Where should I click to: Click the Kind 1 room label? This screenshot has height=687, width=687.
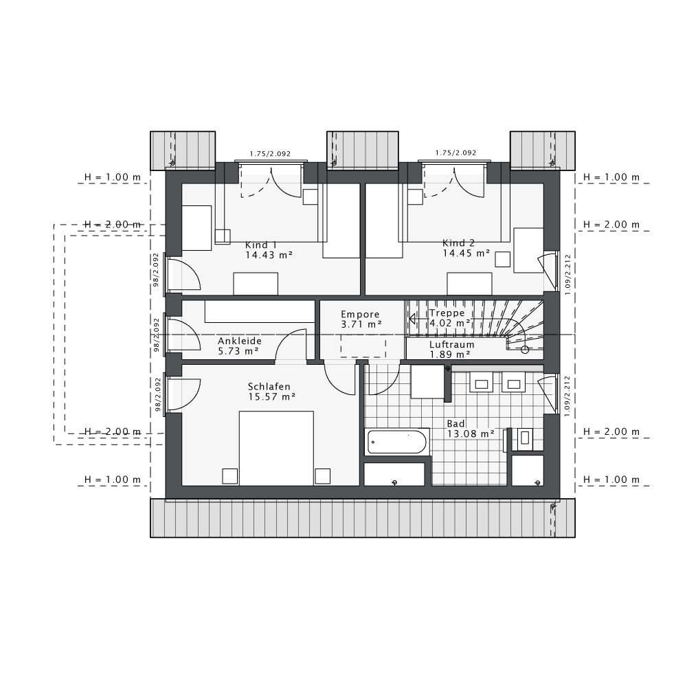coord(261,245)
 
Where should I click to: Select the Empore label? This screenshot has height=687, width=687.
coord(360,314)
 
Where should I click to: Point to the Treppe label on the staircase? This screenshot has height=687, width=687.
coord(447,313)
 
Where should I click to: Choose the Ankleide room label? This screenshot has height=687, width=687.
coord(240,341)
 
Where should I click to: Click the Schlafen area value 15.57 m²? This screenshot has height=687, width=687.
coord(271,396)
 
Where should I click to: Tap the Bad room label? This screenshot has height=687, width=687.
coord(455,424)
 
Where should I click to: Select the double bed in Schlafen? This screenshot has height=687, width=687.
coord(275,448)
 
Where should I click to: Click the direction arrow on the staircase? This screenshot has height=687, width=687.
coord(413,318)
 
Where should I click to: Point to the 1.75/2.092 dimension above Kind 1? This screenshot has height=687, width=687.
coord(270,153)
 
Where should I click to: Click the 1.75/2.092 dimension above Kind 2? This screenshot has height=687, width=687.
coord(455,153)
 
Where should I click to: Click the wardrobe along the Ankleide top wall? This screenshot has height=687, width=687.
coord(259,311)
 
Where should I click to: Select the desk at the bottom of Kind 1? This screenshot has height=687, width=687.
coord(256,283)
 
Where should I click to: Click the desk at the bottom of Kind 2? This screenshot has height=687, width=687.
coord(469,283)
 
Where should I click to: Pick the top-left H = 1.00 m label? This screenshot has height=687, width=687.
coord(112,177)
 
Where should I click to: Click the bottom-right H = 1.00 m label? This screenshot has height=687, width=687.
coord(611,480)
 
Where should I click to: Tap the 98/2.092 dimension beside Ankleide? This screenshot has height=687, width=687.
coord(157,334)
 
